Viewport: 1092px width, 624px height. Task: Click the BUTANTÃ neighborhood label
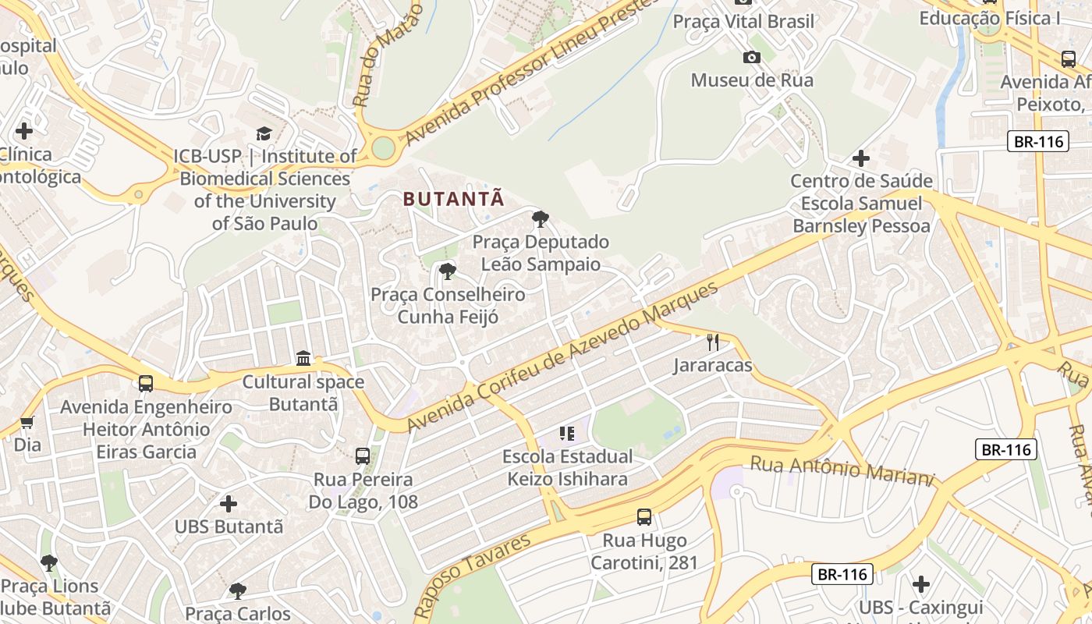coord(454,199)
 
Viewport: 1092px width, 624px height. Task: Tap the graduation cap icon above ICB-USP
coord(264,133)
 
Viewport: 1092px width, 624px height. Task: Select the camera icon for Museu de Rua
coord(752,57)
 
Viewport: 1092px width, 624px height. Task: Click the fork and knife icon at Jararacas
coord(712,342)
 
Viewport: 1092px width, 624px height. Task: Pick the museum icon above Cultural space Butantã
coord(303,359)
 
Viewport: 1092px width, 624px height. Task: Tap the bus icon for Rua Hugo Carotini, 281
coord(644,516)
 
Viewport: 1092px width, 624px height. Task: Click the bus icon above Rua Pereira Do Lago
coord(363,456)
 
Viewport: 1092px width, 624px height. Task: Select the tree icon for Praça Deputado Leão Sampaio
coord(540,218)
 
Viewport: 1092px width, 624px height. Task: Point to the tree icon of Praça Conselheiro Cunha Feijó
coord(448,271)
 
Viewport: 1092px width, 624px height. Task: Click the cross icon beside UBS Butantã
coord(229,504)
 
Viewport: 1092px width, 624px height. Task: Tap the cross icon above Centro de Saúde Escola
coord(861,158)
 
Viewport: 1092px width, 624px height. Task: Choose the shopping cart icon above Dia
coord(27,422)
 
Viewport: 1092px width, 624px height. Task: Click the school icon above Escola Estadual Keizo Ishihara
coord(567,433)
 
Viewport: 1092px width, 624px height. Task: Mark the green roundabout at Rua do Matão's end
coord(382,147)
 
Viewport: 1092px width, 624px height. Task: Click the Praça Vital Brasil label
coord(743,21)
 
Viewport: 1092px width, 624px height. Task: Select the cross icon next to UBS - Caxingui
coord(921,584)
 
